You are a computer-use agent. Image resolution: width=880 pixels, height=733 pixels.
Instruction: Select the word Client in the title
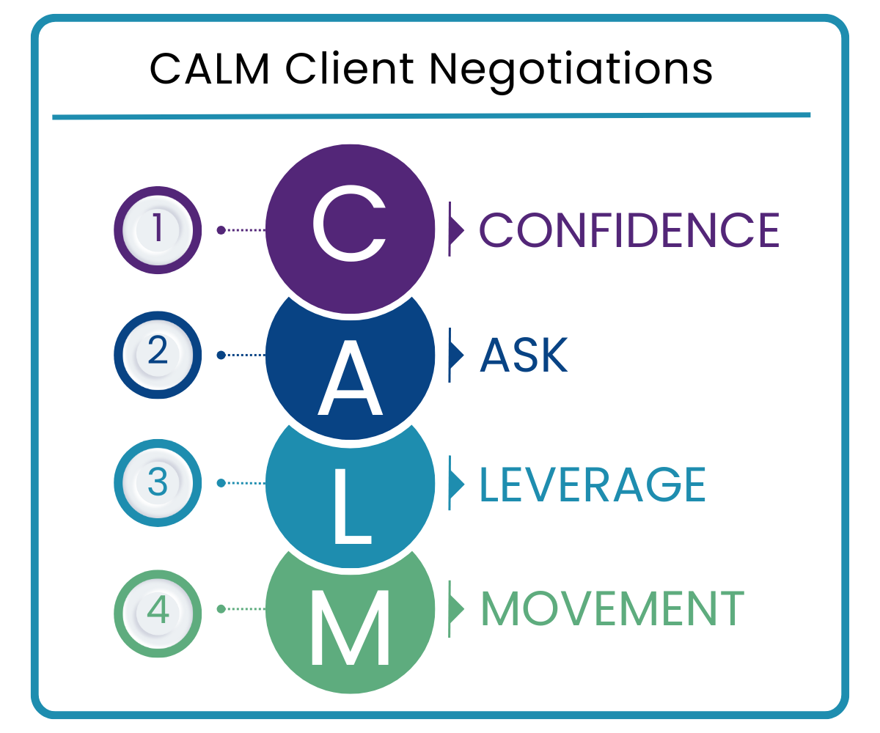(x=348, y=70)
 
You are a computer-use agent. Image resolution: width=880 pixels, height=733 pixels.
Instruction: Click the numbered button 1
(x=158, y=230)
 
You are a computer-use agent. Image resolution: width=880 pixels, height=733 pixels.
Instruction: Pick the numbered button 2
(x=158, y=356)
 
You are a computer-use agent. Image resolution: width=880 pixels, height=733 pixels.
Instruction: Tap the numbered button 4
(x=158, y=609)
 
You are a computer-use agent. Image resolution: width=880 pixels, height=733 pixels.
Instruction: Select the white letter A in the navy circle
(x=350, y=377)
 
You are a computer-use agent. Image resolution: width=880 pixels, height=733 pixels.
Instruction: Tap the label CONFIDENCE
(x=629, y=230)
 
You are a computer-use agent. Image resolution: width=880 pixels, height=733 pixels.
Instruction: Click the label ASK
(x=524, y=356)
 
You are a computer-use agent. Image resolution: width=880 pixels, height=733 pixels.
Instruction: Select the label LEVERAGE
(x=593, y=484)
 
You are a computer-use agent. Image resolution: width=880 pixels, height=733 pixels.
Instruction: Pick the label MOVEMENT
(x=612, y=609)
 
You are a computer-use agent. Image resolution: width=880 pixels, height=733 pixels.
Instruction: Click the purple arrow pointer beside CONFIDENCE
(x=456, y=230)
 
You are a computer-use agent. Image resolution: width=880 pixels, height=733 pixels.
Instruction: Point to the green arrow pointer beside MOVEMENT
(x=456, y=609)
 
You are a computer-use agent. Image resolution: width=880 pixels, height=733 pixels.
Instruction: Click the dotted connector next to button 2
(x=242, y=356)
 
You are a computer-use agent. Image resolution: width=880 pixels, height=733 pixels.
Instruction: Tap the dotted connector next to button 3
(x=242, y=483)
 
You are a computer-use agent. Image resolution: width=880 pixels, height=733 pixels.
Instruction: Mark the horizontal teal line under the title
(x=431, y=116)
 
